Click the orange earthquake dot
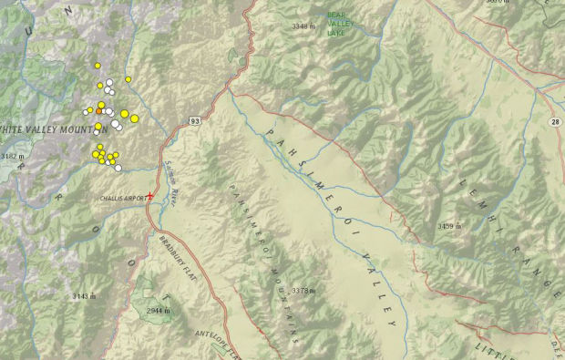coord(99,111)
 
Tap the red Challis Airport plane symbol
coord(149,196)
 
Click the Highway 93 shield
coord(196,119)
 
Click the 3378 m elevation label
coord(303,291)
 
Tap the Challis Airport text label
coord(121,197)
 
